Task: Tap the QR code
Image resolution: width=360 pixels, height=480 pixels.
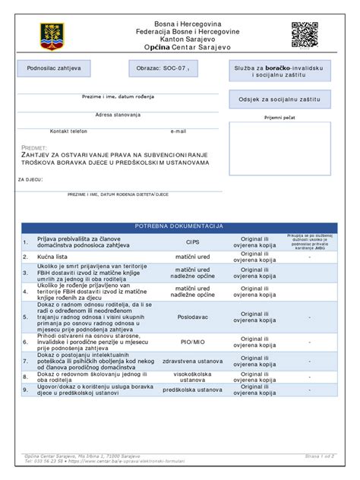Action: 304,34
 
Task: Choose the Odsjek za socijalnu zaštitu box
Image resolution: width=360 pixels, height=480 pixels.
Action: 280,99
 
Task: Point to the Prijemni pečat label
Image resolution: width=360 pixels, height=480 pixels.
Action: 279,118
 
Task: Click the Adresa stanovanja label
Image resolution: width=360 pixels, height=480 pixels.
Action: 118,114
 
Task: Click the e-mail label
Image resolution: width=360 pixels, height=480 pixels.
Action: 178,131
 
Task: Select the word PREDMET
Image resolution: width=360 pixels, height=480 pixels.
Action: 35,148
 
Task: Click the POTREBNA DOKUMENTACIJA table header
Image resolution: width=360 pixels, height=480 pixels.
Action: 178,226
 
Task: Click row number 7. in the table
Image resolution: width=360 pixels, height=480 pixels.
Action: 26,361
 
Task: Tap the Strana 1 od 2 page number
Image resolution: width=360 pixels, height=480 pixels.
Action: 319,455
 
